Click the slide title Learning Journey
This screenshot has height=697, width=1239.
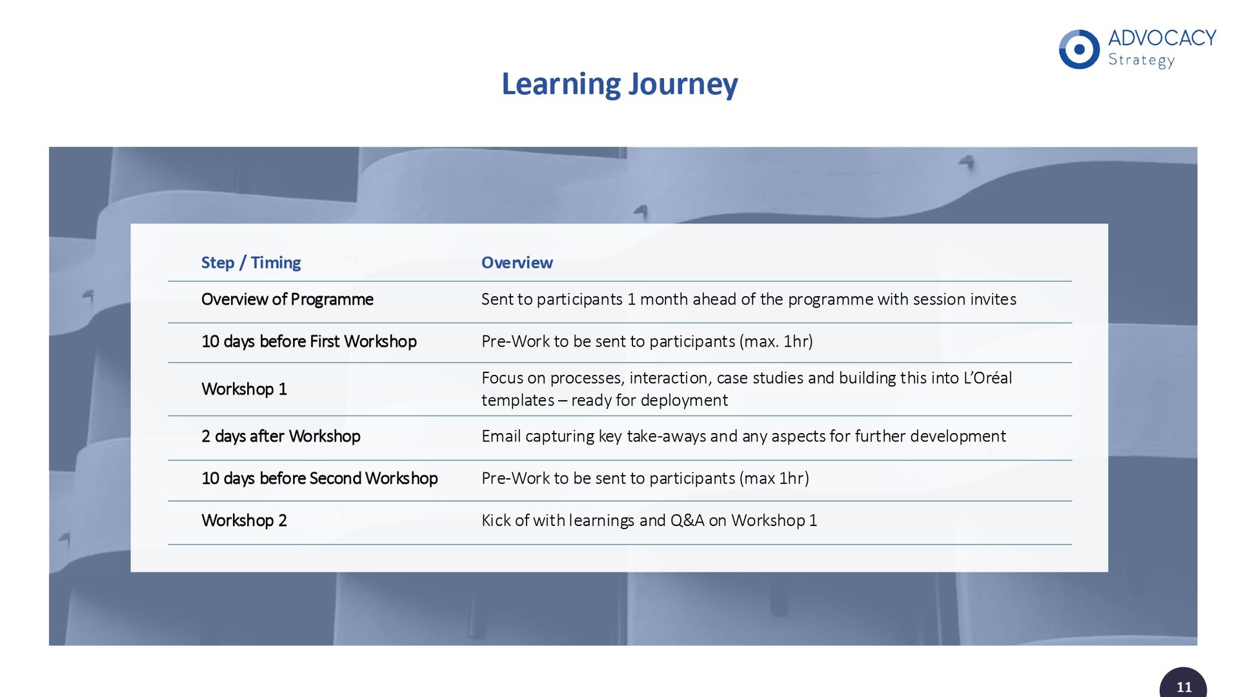pos(619,85)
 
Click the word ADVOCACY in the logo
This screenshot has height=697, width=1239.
pos(1162,38)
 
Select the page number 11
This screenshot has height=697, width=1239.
pos(1184,687)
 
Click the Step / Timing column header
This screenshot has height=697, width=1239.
pos(251,263)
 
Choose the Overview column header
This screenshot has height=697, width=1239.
pos(517,263)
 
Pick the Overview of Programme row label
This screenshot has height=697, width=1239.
pos(287,299)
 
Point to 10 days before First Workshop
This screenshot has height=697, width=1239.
pos(309,341)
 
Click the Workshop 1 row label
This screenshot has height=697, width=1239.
pos(244,389)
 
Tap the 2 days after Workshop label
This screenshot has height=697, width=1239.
pos(281,436)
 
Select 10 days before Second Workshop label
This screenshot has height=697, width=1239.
pos(319,478)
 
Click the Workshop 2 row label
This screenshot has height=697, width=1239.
pos(244,520)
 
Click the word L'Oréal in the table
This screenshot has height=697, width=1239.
pos(987,378)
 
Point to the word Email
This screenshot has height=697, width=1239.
pos(501,436)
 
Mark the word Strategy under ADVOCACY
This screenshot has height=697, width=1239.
pos(1141,61)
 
